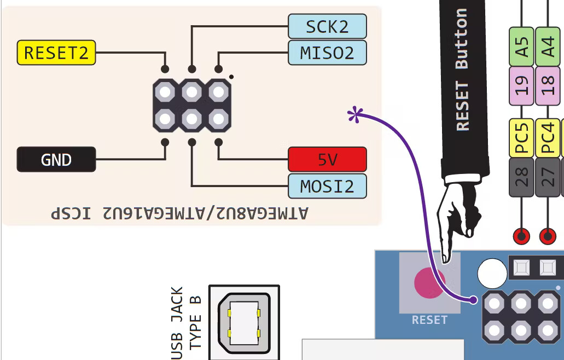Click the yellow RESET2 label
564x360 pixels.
pyautogui.click(x=56, y=53)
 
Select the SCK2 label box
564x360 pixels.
pyautogui.click(x=327, y=26)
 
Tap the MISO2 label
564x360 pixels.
pyautogui.click(x=327, y=53)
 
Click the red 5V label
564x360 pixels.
pyautogui.click(x=327, y=159)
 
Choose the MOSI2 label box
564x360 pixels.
pyautogui.click(x=327, y=186)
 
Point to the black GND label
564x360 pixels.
pyautogui.click(x=56, y=160)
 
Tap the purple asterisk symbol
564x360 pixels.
pyautogui.click(x=356, y=115)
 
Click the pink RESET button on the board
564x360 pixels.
pyautogui.click(x=429, y=282)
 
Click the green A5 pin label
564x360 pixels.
pyautogui.click(x=522, y=47)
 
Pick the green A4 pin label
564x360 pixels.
pyautogui.click(x=549, y=47)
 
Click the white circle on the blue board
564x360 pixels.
pyautogui.click(x=492, y=273)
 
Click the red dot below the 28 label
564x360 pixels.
pyautogui.click(x=521, y=236)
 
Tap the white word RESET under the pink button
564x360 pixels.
pyautogui.click(x=429, y=320)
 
